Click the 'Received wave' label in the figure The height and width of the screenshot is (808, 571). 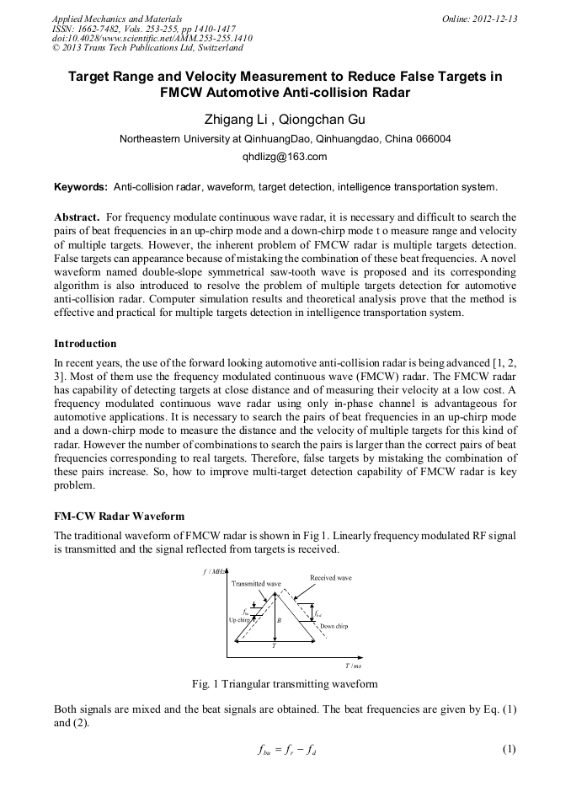(331, 578)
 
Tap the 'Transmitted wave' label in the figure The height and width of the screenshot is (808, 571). (256, 583)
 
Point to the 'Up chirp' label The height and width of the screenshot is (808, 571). (241, 619)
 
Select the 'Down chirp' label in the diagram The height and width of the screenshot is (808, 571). (334, 626)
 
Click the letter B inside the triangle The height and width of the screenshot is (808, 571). (279, 619)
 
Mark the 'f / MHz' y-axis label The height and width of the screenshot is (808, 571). (216, 571)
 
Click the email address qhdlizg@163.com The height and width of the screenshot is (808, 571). (285, 157)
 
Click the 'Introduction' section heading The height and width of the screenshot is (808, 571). (85, 344)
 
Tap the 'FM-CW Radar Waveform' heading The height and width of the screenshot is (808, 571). (119, 515)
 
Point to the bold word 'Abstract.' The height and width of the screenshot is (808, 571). (78, 217)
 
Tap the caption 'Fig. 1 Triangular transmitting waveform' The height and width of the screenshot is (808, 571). (285, 683)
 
